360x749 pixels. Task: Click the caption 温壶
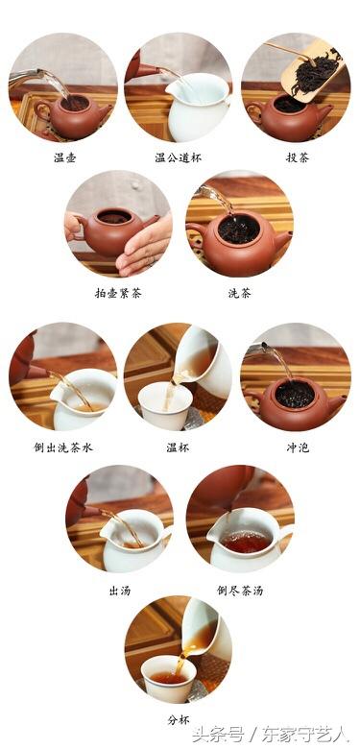tap(64, 156)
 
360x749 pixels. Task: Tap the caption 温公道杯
tap(179, 156)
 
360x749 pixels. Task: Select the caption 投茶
tap(294, 156)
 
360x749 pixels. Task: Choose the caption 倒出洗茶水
tap(63, 447)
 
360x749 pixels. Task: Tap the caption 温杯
tap(179, 447)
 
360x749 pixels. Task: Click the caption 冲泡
tap(294, 447)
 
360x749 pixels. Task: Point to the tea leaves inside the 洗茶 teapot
tap(238, 229)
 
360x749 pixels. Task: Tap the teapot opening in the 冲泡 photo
tap(295, 393)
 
